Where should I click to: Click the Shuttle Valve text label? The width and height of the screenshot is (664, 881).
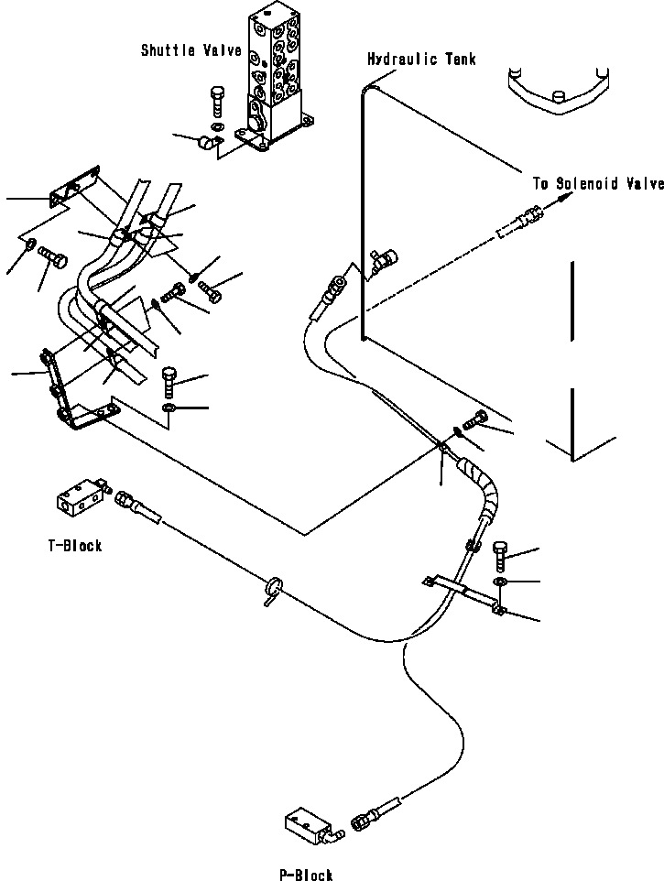[x=191, y=49]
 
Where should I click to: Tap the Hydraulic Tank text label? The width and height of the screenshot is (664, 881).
[x=421, y=60]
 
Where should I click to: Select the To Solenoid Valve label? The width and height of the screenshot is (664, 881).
[x=598, y=183]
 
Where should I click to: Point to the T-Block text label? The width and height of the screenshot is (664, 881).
[x=75, y=546]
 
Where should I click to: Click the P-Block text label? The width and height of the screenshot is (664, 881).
[x=306, y=875]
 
